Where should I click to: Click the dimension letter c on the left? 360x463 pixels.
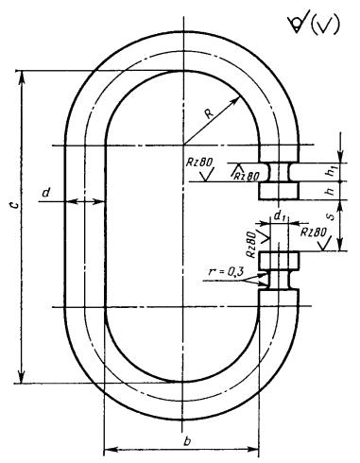coord(14,205)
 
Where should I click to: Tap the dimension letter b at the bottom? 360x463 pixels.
coord(187,441)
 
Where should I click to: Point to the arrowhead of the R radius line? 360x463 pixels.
coord(236,100)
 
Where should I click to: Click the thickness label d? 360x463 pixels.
coord(46,192)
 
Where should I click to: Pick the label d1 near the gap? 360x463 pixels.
coord(280,216)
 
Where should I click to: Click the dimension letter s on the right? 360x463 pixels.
coord(331,216)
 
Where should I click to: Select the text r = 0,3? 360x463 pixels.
coord(226,271)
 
